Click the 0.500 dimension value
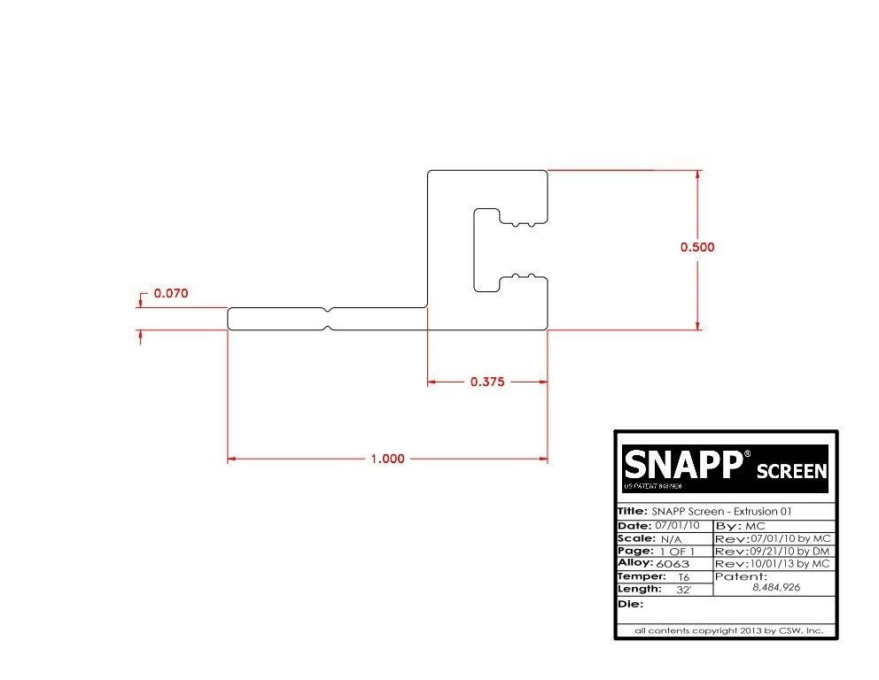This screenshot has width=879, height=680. (697, 247)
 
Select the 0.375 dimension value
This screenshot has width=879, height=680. (486, 382)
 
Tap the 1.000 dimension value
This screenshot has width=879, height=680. (387, 459)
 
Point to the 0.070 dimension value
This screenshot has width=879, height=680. (171, 292)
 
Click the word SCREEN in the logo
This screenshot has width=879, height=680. (791, 471)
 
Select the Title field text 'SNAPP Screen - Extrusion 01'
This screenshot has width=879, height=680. (721, 512)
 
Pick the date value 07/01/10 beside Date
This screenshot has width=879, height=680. (676, 526)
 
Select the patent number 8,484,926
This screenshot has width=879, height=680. (776, 587)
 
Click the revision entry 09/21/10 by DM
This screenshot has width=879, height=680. (790, 551)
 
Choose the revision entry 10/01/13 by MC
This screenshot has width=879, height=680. (790, 563)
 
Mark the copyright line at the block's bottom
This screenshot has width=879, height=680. (729, 630)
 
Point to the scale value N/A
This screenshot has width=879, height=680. (671, 538)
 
